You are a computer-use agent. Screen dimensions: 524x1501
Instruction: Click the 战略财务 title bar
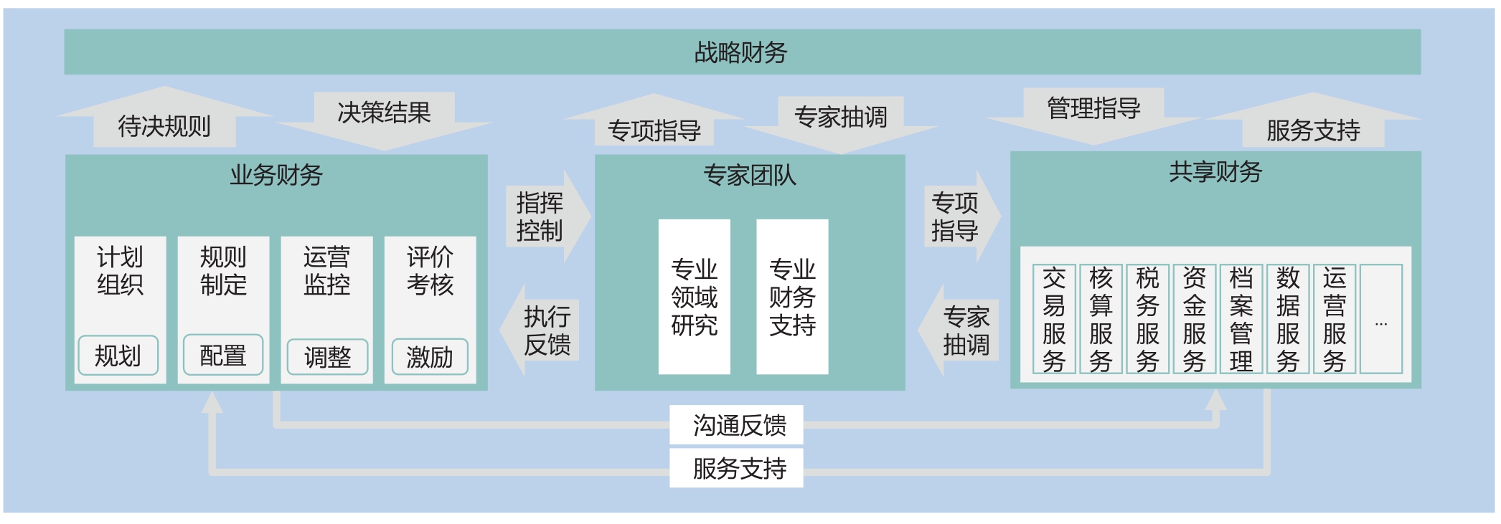coord(742,52)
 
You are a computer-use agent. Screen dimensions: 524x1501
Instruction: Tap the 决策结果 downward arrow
coord(384,115)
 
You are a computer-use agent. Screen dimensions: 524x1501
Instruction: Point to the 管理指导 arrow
coord(1093,111)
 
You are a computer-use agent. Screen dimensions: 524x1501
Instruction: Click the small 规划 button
coord(118,355)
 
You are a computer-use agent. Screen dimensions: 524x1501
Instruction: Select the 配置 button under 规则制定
coord(223,355)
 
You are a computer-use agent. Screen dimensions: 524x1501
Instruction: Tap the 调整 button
coord(327,356)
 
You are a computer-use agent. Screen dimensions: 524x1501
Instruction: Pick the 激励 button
coord(430,356)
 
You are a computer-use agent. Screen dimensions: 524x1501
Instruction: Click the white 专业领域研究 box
coord(694,297)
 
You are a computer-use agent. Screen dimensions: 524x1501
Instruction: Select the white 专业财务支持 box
coord(792,297)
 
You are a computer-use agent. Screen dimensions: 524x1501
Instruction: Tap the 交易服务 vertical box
coord(1054,319)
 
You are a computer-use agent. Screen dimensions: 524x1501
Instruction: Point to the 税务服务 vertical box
coord(1147,319)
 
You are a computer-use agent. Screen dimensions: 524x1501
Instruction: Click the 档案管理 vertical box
coord(1241,319)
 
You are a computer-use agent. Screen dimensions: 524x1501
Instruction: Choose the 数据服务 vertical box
coord(1288,319)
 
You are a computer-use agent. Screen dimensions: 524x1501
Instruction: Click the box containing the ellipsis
coord(1381,319)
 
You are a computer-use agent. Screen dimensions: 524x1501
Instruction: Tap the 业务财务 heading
coord(276,175)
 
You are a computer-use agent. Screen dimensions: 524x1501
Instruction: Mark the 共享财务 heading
coord(1215,172)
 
